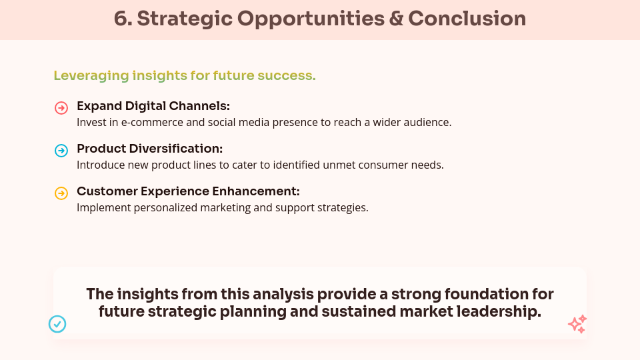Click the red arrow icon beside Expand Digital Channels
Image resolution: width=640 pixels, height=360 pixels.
pos(61,108)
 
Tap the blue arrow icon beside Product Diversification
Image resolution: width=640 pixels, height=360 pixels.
pos(61,151)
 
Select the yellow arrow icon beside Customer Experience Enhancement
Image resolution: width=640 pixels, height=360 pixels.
pos(61,193)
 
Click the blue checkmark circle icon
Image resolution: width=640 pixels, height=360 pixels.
pos(57,324)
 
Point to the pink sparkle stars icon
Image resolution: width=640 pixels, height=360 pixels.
pos(577,324)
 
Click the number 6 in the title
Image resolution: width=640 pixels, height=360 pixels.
pos(121,19)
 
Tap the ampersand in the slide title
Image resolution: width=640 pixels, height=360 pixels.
pos(396,19)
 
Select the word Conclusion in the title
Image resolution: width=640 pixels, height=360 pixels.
pos(467,19)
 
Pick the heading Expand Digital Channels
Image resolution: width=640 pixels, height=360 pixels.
pos(153,106)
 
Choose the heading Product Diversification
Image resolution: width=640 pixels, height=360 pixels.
pos(150,149)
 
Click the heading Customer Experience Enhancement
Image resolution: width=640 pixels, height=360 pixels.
pos(188,191)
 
